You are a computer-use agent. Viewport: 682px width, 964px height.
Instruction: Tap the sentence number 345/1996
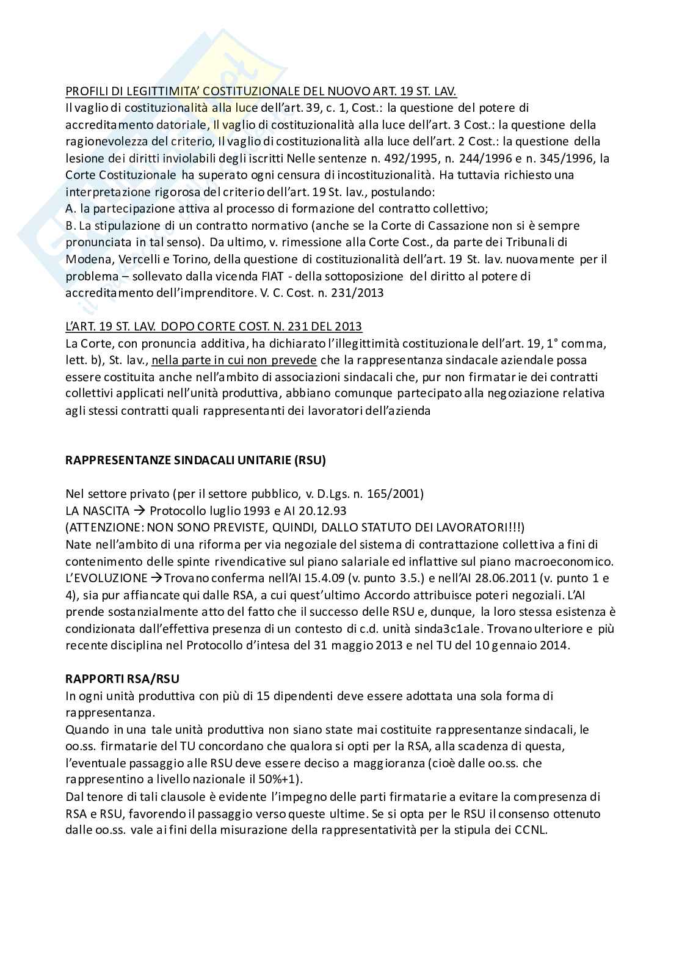point(561,159)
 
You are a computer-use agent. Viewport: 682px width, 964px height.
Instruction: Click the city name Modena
point(85,259)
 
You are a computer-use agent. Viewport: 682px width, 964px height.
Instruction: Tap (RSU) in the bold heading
point(309,461)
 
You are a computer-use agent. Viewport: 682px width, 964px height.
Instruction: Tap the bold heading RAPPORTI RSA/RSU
point(122,679)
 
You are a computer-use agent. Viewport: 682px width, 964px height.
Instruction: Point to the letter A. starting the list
point(70,209)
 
